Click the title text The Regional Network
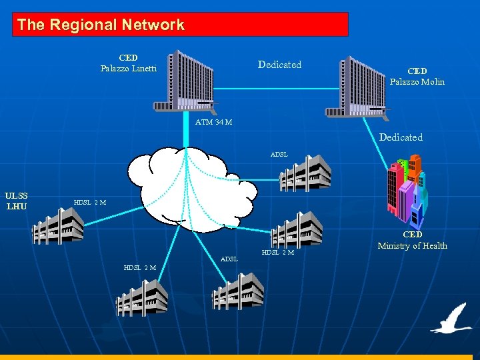(x=101, y=25)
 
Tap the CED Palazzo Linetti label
(x=129, y=63)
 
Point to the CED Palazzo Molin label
(x=417, y=77)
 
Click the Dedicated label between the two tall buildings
(x=279, y=65)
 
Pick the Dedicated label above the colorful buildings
(x=401, y=137)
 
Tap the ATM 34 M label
(x=214, y=122)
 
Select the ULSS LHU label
(x=16, y=201)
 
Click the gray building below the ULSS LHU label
(x=59, y=225)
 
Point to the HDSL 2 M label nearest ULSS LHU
(x=89, y=202)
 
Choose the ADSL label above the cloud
(x=279, y=154)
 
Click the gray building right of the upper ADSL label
(x=305, y=173)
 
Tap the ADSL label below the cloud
(x=229, y=259)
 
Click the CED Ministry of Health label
(x=413, y=241)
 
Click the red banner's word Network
(x=151, y=25)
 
